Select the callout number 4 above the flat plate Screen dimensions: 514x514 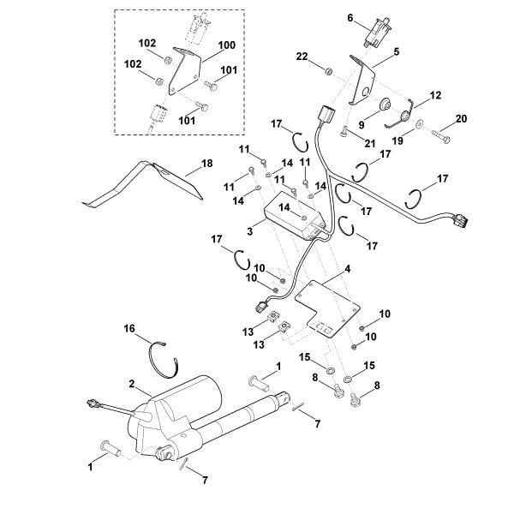[x=346, y=269]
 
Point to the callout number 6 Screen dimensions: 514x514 [x=350, y=17]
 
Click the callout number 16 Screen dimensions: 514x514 [x=130, y=328]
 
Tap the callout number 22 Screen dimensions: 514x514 [x=302, y=56]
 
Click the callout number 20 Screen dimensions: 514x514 [x=460, y=118]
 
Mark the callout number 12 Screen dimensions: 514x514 [x=435, y=95]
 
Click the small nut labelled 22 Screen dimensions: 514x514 [x=330, y=67]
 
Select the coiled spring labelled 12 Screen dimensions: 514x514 [x=408, y=110]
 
